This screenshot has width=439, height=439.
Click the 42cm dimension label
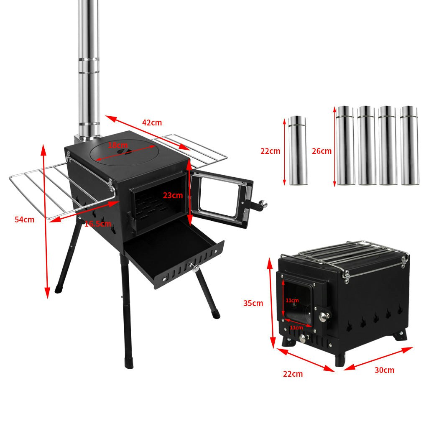tap(152, 123)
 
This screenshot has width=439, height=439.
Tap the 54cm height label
tap(25, 219)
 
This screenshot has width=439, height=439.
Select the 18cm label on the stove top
tap(118, 145)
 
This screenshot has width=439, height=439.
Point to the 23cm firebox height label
tap(173, 195)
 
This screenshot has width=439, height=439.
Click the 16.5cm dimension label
tap(97, 224)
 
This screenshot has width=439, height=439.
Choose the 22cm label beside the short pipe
tap(270, 151)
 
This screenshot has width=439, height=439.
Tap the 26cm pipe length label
tap(322, 151)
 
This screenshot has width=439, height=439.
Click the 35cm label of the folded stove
tap(253, 303)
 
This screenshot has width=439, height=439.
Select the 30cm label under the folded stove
tap(384, 370)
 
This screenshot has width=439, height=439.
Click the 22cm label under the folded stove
tap(293, 374)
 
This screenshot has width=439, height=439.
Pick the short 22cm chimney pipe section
tap(297, 151)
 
